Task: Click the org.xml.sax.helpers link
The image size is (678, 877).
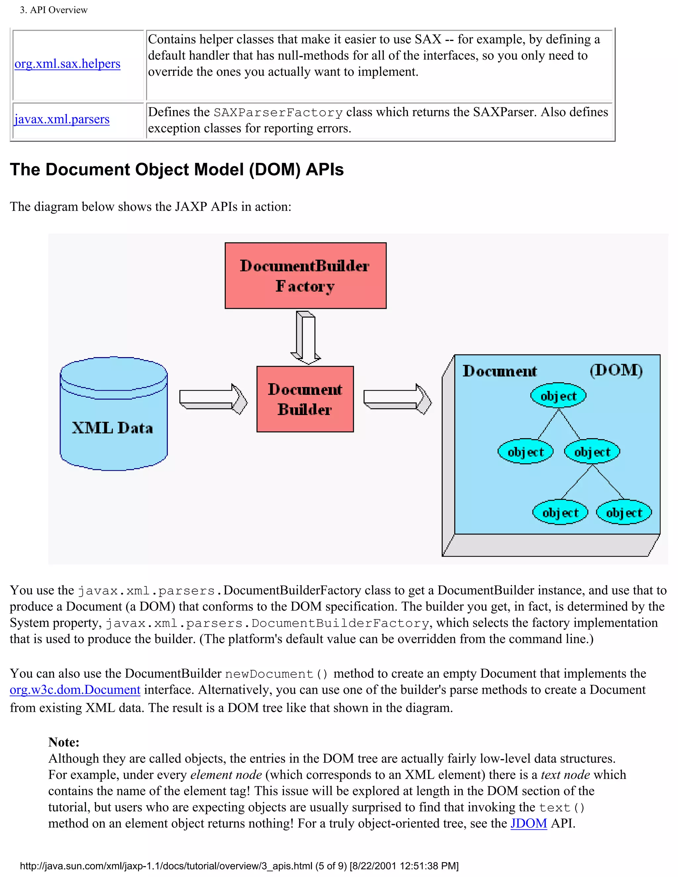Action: click(x=67, y=64)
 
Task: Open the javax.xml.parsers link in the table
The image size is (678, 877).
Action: click(x=62, y=119)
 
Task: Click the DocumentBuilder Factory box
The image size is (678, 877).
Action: click(x=305, y=275)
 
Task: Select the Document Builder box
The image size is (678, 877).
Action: click(x=305, y=399)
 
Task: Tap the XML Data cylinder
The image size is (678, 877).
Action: click(x=114, y=414)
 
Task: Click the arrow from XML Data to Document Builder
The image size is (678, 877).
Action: click(x=213, y=399)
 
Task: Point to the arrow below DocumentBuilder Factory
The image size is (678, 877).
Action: click(x=306, y=337)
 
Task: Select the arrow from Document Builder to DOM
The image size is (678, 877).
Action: click(x=397, y=399)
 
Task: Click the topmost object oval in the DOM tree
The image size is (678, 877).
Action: click(x=558, y=395)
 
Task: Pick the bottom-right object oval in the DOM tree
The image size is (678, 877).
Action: click(x=624, y=512)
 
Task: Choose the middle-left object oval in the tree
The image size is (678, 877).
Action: click(x=525, y=452)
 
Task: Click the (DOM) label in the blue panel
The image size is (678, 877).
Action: click(x=616, y=370)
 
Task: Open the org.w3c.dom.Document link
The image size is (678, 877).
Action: click(x=75, y=689)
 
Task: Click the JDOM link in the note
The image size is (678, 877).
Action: click(x=529, y=823)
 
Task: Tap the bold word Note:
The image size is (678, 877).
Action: click(x=64, y=742)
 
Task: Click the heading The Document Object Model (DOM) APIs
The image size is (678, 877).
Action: click(x=177, y=169)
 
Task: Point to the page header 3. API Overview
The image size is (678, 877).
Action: click(x=54, y=10)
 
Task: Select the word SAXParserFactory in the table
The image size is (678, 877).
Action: click(x=278, y=113)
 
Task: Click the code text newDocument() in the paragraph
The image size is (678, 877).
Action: click(x=276, y=673)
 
